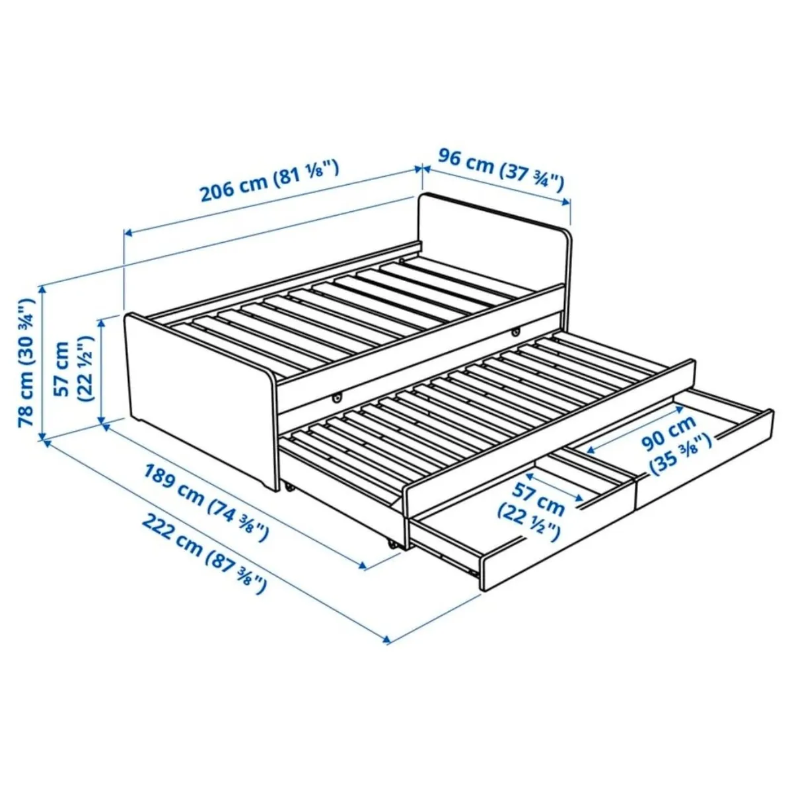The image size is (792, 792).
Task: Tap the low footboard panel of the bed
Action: click(198, 396)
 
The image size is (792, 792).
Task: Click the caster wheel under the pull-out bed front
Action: click(393, 545)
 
